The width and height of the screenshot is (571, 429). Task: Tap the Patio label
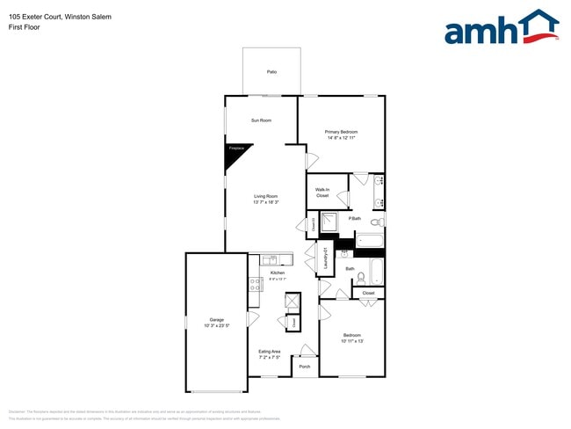pos(272,71)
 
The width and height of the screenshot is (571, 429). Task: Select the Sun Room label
pos(261,120)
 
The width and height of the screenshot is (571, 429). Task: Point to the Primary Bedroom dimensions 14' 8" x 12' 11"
pos(342,137)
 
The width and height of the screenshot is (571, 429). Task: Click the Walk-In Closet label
pos(322,193)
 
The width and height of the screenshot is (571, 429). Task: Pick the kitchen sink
pos(271,259)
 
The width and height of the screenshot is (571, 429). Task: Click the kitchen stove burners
pos(255,284)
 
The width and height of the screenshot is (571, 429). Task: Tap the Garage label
pos(216,320)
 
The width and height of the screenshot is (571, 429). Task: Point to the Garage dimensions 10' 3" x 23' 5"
pos(216,326)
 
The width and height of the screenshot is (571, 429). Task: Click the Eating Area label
pos(269,352)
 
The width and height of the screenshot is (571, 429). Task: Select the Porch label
pos(305,367)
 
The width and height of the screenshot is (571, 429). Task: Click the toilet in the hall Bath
pos(361,276)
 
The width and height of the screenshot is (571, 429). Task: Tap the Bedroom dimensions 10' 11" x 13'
pos(352,341)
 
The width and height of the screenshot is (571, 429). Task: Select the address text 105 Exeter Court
pos(34,17)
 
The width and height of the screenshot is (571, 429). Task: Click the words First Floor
pos(24,27)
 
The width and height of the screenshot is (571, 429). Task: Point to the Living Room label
pos(266,196)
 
